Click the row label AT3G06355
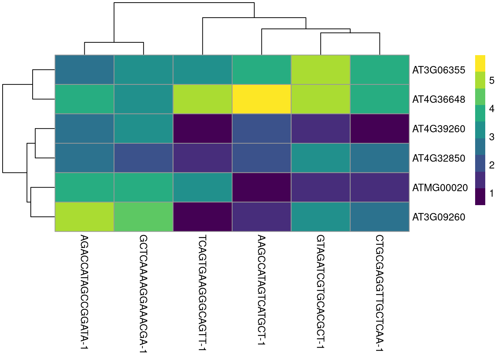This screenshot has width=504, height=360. tap(438, 70)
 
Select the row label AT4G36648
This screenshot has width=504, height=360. tap(438, 99)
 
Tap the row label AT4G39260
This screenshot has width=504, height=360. tap(438, 129)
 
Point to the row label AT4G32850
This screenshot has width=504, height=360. tap(438, 158)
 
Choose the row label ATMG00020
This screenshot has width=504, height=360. tap(440, 187)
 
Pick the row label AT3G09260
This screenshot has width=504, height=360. tap(438, 217)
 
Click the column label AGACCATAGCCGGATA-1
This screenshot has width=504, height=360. tap(84, 292)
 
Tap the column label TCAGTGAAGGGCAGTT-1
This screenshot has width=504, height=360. tap(202, 293)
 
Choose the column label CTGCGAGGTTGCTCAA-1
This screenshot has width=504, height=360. tap(379, 293)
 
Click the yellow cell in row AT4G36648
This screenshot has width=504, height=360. tap(261, 99)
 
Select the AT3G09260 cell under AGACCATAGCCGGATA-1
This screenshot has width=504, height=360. tap(84, 217)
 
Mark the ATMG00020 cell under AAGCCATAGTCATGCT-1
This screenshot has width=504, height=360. tap(261, 187)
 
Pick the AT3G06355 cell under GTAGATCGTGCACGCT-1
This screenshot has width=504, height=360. tap(321, 70)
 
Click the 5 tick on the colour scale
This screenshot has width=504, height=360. tap(492, 80)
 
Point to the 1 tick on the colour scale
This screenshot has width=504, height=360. tap(492, 193)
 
